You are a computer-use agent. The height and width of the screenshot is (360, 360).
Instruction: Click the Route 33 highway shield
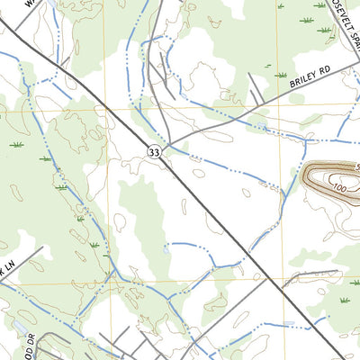155,155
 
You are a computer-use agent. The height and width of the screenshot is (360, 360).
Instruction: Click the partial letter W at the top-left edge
30,4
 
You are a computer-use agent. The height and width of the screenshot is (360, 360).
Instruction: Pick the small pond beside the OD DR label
18,326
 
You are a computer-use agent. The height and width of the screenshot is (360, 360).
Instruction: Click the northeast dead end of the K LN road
41,248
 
